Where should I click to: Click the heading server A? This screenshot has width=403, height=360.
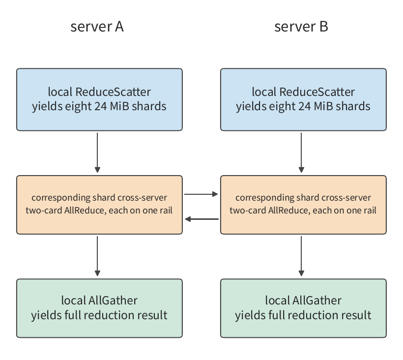pyautogui.click(x=97, y=27)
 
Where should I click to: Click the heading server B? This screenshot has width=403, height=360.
pyautogui.click(x=301, y=27)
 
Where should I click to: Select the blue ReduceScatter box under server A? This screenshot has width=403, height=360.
pyautogui.click(x=99, y=99)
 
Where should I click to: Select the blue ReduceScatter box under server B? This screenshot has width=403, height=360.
pyautogui.click(x=303, y=99)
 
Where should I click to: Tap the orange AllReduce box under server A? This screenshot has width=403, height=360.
pyautogui.click(x=99, y=205)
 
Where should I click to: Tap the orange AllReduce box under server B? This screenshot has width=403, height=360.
pyautogui.click(x=303, y=205)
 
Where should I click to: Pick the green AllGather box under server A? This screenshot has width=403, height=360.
pyautogui.click(x=99, y=308)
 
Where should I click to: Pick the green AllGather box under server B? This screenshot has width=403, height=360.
pyautogui.click(x=303, y=308)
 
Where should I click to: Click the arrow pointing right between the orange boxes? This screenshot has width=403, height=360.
pyautogui.click(x=201, y=194)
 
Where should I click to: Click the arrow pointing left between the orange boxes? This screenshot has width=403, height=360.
pyautogui.click(x=202, y=219)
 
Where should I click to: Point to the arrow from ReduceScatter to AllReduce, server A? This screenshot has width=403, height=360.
pyautogui.click(x=97, y=153)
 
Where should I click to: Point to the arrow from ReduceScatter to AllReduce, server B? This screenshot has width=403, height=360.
pyautogui.click(x=301, y=153)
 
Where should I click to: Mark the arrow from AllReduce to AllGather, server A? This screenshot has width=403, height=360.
pyautogui.click(x=97, y=256)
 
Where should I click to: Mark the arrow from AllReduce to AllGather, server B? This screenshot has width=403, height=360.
pyautogui.click(x=301, y=256)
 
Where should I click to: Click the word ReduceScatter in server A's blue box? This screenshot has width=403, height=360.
pyautogui.click(x=113, y=92)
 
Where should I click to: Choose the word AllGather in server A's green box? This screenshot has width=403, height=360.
pyautogui.click(x=113, y=300)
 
